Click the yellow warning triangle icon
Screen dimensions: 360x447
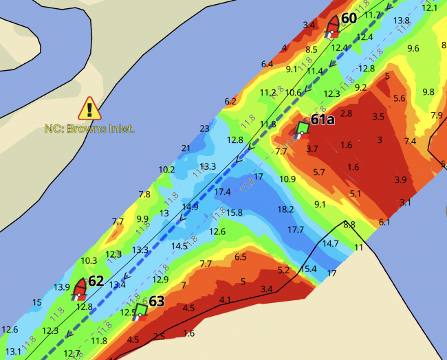coord(89,108)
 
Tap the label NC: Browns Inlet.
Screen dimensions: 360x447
coord(89,128)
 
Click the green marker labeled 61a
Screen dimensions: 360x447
coord(302,128)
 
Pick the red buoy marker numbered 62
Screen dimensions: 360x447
coord(80,289)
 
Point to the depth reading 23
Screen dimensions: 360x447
coord(204,128)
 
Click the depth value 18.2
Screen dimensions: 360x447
coord(285,209)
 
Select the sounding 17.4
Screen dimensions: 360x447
coord(222,192)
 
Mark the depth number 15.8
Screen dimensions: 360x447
coord(234,213)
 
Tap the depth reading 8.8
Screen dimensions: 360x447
coord(349,224)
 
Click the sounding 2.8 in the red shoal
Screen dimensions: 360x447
coord(346,113)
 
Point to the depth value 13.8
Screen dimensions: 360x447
coord(402,21)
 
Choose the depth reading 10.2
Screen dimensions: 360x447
coord(166,170)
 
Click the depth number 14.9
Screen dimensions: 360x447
coord(190,207)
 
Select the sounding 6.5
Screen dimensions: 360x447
coord(241,257)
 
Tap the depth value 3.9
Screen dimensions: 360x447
coord(401,179)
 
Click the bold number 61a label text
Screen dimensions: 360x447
coord(323,120)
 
